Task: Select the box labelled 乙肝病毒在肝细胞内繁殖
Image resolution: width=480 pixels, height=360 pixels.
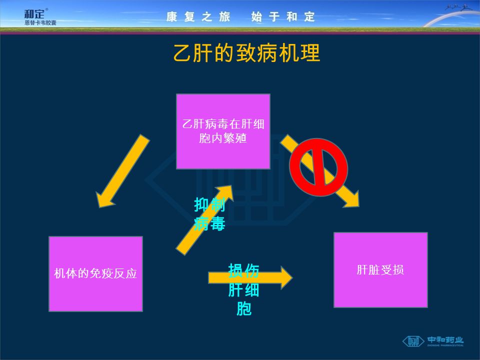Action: point(223,131)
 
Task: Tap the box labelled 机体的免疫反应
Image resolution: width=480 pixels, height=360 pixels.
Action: point(95,274)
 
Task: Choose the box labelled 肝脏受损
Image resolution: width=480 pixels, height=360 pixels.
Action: point(380,270)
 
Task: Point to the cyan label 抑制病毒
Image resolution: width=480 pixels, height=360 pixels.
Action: point(209,214)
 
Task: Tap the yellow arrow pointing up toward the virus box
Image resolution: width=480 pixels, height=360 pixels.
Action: point(202,220)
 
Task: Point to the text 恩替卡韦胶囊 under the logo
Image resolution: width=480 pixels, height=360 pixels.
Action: point(40,22)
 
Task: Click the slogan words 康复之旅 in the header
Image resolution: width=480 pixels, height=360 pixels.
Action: point(198,17)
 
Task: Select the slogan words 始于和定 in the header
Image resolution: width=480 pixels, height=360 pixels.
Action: point(283,17)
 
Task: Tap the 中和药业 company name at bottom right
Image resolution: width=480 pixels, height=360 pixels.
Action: point(445,340)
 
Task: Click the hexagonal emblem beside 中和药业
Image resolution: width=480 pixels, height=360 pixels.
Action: point(413,341)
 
